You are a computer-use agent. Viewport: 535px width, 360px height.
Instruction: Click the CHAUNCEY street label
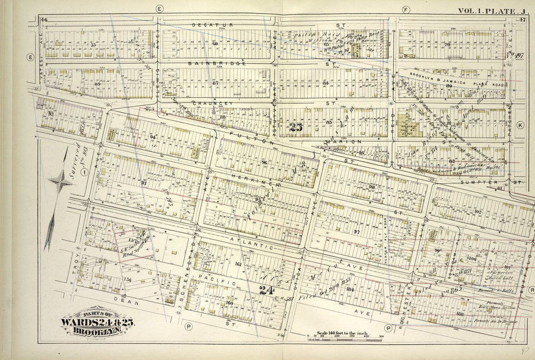pos(212,103)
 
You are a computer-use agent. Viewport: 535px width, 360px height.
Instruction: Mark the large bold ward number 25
pos(295,126)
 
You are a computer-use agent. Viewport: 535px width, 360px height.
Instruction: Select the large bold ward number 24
pos(268,288)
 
